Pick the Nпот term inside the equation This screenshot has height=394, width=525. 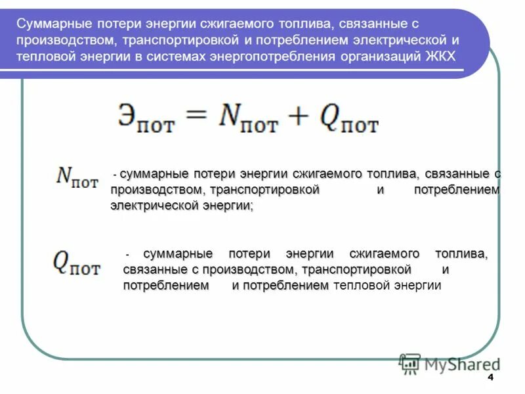[248, 118]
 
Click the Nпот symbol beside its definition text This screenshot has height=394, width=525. [77, 177]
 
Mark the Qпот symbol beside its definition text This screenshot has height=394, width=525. [77, 263]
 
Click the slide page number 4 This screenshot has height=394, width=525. [490, 380]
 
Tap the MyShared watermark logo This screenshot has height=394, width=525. [449, 363]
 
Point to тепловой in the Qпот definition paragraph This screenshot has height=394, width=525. [362, 286]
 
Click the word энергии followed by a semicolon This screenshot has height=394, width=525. [227, 206]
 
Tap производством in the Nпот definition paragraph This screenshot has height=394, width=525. [156, 190]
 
